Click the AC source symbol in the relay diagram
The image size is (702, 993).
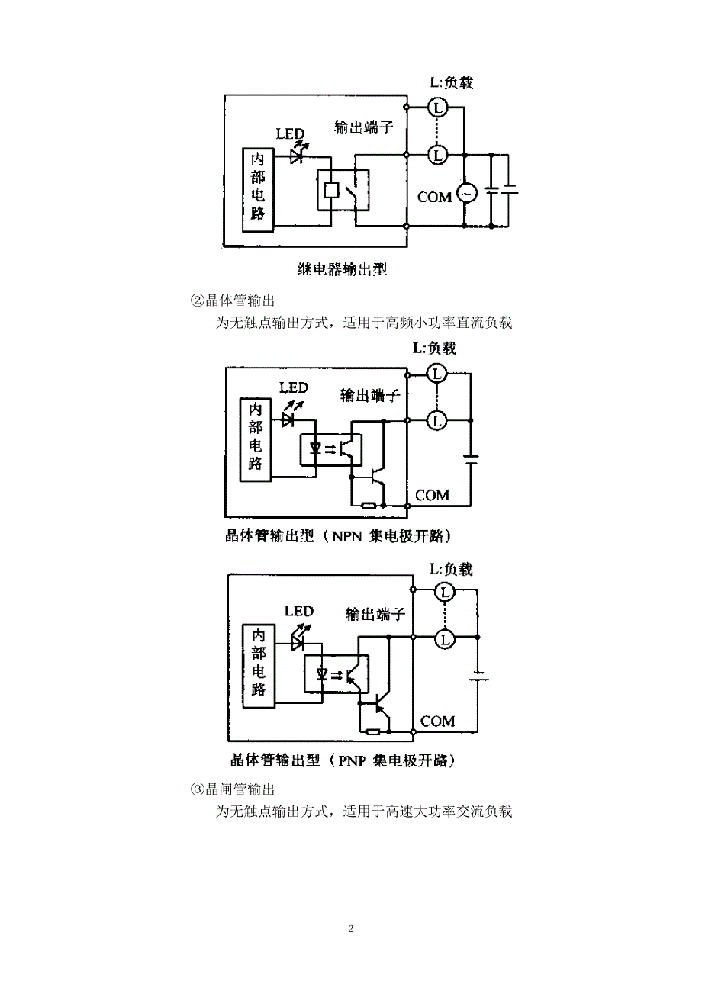tap(466, 193)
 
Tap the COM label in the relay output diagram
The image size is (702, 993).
tap(434, 198)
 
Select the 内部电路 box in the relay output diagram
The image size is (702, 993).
tap(258, 190)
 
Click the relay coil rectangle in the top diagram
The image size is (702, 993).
tap(331, 191)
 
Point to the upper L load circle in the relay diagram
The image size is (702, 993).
tap(438, 108)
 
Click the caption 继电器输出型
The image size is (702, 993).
tap(342, 269)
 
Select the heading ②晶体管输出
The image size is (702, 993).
tap(233, 301)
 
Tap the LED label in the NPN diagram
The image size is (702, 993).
tap(294, 388)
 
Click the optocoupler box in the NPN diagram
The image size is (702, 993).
tap(331, 449)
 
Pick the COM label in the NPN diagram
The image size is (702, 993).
tap(432, 495)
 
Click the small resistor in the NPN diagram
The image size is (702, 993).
tap(369, 506)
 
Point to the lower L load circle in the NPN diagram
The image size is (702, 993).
tap(436, 420)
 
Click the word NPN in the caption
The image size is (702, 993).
tap(347, 537)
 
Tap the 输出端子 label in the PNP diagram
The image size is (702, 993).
tap(375, 614)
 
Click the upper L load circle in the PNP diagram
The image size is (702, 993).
tap(445, 593)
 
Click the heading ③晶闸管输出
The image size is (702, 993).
tap(233, 789)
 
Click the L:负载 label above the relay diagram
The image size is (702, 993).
tap(452, 83)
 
